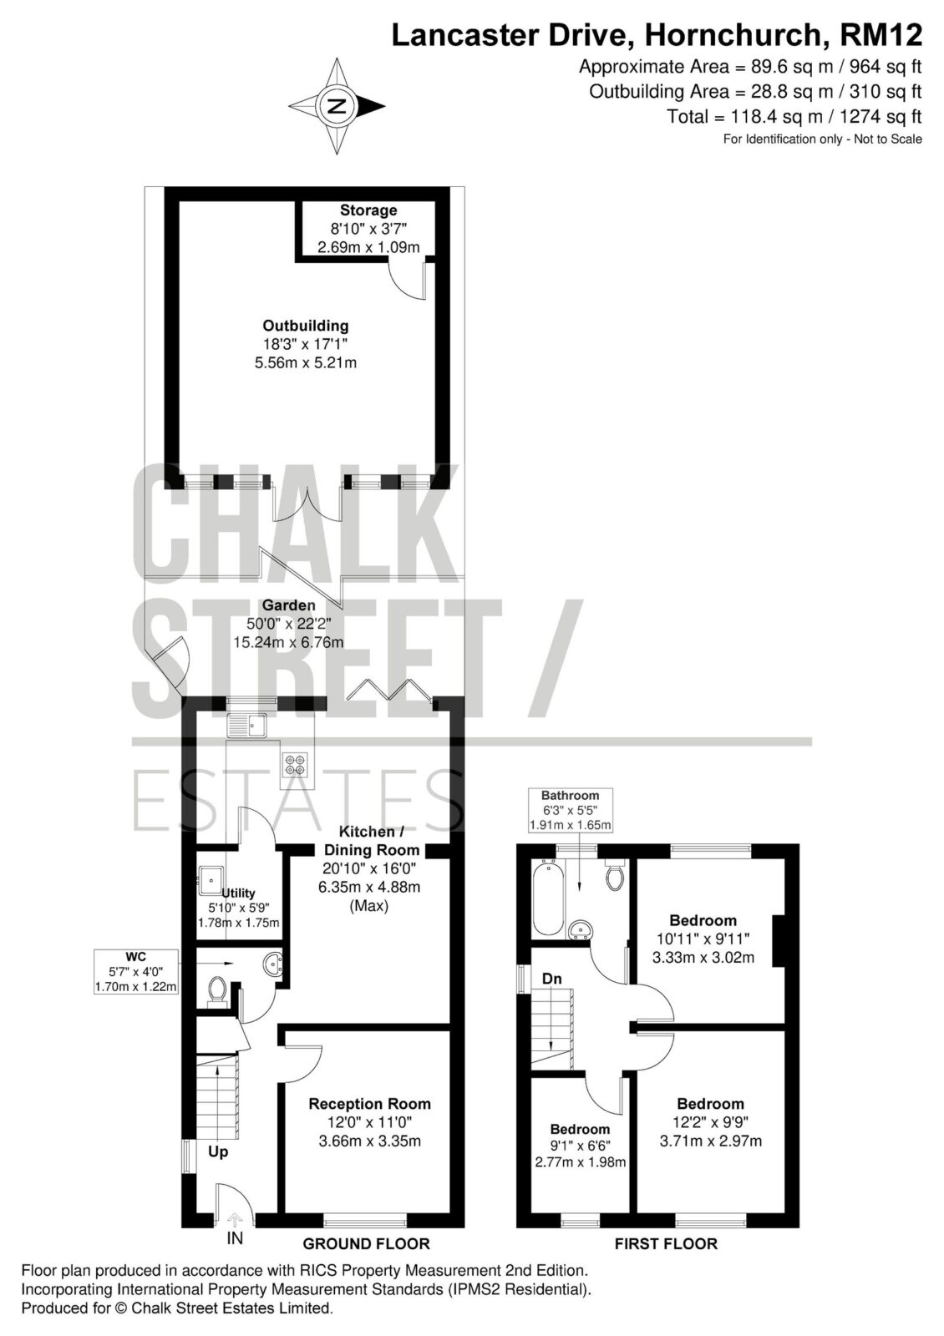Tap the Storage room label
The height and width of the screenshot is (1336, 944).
click(368, 210)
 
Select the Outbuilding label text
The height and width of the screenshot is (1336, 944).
click(306, 326)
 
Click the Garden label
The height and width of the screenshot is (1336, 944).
click(289, 605)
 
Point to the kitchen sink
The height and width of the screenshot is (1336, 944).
click(247, 726)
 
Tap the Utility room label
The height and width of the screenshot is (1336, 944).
click(238, 893)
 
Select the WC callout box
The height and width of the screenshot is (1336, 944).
click(136, 972)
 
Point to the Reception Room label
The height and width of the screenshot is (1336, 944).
click(369, 1104)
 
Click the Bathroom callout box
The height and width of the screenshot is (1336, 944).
click(570, 811)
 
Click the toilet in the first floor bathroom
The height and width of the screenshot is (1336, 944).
click(614, 874)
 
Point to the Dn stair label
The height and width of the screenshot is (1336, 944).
click(551, 979)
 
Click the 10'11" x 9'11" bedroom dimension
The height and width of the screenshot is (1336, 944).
click(703, 939)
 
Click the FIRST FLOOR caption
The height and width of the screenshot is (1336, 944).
click(666, 1243)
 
